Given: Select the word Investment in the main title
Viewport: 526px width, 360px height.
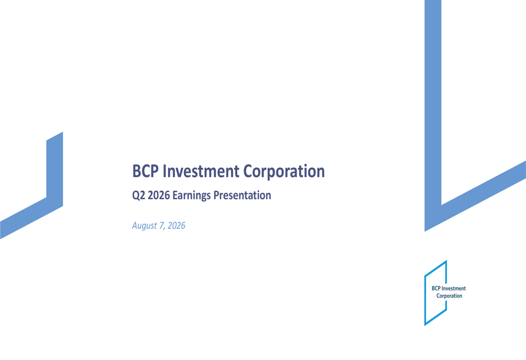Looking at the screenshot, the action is (x=201, y=171).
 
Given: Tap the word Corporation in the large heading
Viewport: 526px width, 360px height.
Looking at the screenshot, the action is (x=284, y=172).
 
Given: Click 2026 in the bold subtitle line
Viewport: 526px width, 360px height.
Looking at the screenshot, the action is (x=159, y=195).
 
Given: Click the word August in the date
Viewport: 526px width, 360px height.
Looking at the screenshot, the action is (x=144, y=226).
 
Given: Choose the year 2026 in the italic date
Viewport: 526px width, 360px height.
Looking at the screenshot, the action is (x=176, y=225).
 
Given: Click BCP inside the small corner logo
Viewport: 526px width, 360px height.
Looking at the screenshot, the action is (x=436, y=289).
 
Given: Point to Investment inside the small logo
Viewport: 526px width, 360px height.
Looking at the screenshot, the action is (x=453, y=289).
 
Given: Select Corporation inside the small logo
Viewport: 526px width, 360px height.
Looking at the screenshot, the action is (x=449, y=296).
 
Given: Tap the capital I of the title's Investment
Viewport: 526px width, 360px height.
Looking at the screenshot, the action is (x=164, y=171).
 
